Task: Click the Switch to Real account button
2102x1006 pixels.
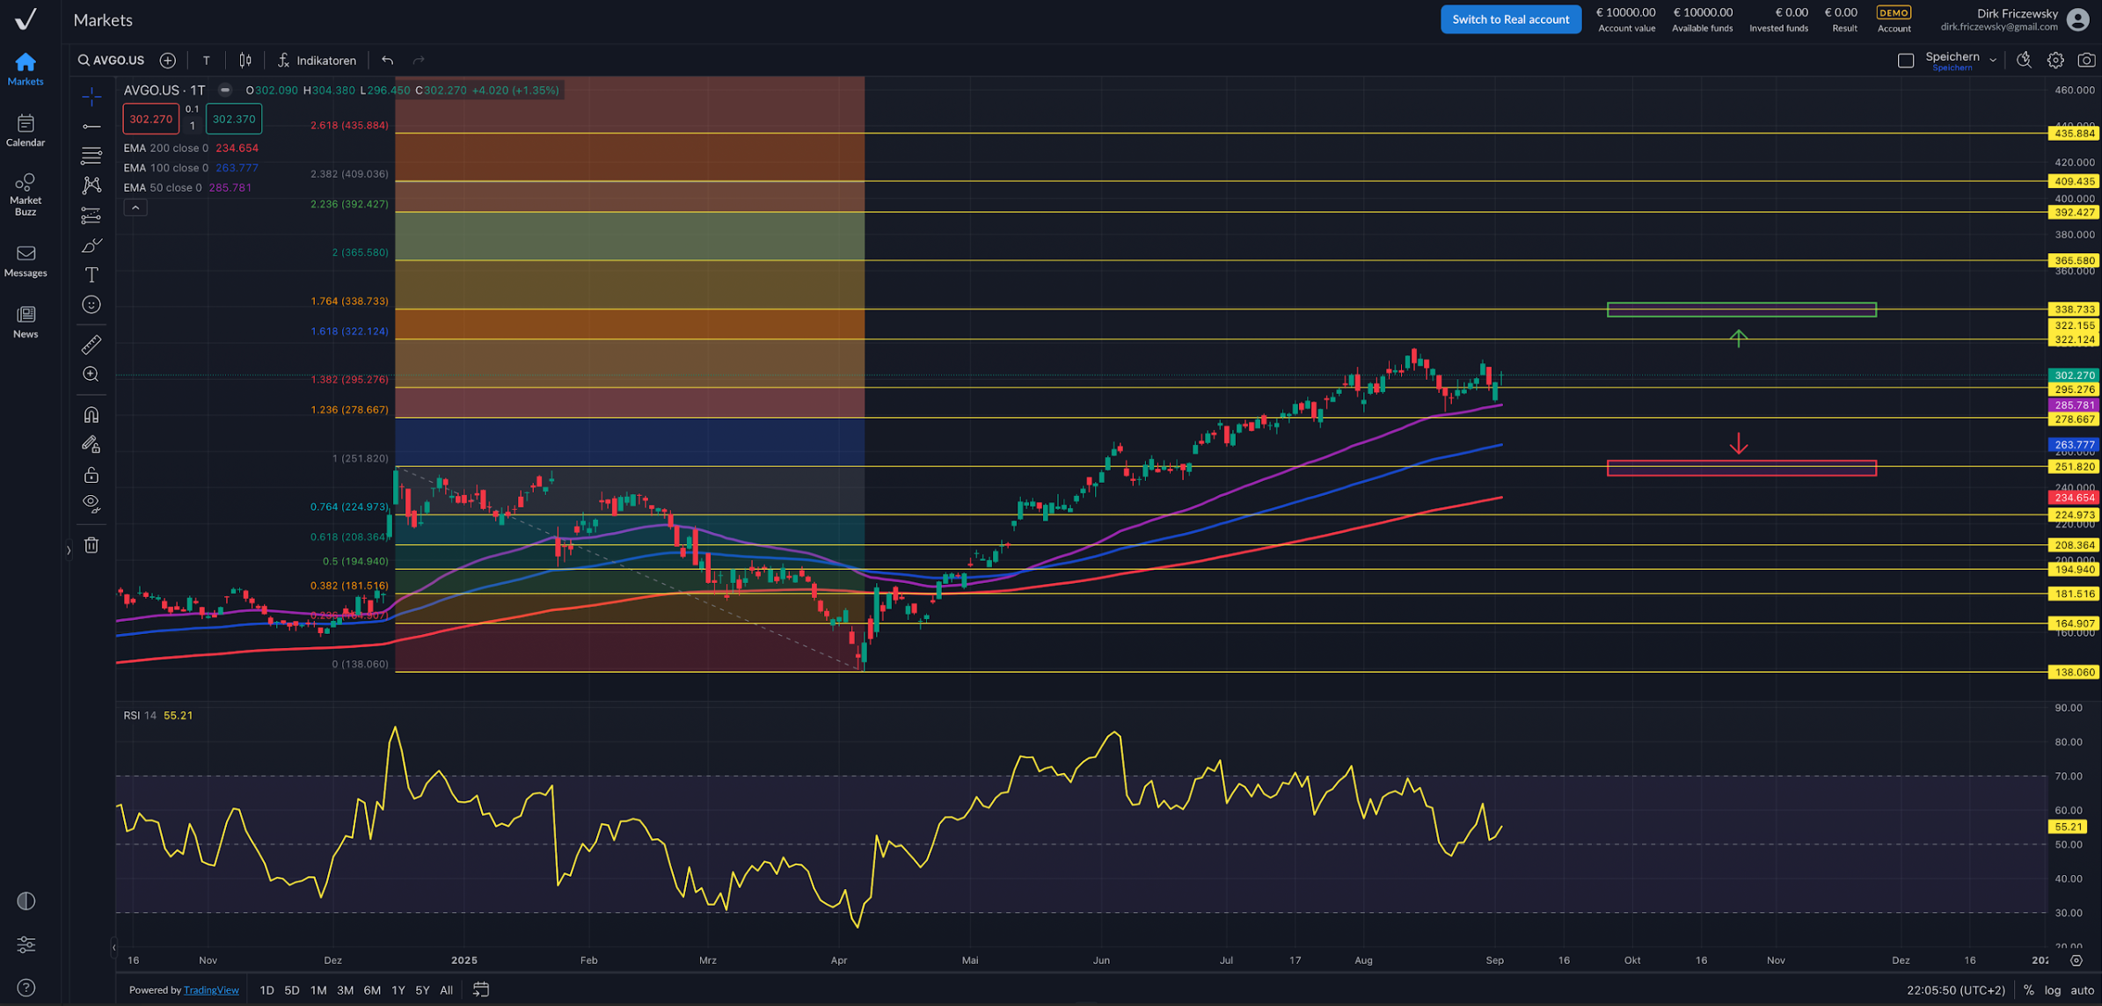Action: (1510, 19)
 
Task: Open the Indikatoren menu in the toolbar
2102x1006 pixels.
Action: (317, 61)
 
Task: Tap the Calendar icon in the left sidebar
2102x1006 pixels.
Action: (26, 129)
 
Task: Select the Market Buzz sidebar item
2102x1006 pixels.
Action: (26, 193)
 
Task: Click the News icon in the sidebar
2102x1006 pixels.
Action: (26, 321)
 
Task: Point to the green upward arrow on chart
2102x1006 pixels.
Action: (1738, 338)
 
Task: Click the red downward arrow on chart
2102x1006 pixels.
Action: (1738, 443)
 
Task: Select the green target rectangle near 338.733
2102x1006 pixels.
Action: (1741, 310)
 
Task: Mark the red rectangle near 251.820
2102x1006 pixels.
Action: (1741, 468)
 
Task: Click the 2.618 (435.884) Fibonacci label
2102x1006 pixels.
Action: (349, 126)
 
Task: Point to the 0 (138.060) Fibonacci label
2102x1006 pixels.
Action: (360, 664)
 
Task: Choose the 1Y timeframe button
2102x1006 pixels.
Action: (398, 990)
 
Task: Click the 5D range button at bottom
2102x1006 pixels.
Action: (291, 990)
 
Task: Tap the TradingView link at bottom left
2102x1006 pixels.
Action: (211, 990)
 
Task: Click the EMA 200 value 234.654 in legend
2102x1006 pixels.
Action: (237, 149)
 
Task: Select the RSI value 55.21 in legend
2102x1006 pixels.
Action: (178, 716)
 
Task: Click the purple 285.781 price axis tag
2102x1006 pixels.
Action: (2074, 405)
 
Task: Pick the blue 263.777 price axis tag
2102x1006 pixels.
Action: (2074, 445)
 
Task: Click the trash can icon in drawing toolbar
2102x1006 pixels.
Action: (91, 545)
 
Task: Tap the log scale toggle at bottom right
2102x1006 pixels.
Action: (2053, 990)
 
